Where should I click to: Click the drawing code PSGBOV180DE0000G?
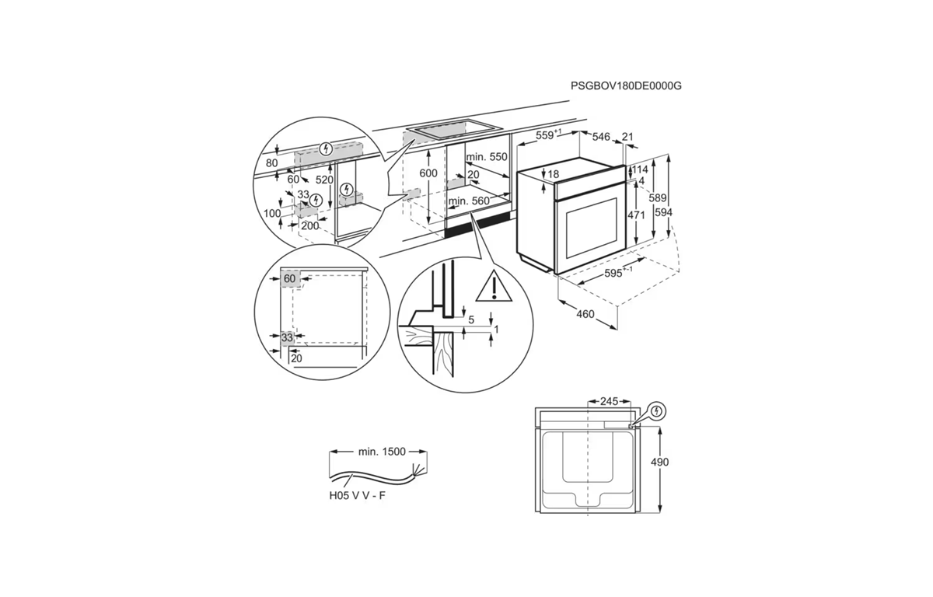tap(626, 86)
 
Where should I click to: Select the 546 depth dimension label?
tap(601, 137)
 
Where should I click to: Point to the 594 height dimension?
tap(663, 212)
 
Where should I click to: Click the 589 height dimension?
tap(658, 198)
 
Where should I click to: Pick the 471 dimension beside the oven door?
tap(636, 215)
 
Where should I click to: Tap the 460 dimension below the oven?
tap(585, 314)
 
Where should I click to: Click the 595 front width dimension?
tap(618, 272)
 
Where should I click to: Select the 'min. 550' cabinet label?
tap(487, 157)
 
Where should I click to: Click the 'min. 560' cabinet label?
tap(469, 201)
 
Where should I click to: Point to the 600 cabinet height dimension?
tap(428, 173)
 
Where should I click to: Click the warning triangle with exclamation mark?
tap(494, 285)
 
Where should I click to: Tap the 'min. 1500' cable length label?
tap(382, 452)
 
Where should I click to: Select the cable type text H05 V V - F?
tap(358, 496)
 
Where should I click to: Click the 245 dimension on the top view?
tap(609, 401)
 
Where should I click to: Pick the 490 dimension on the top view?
tap(660, 462)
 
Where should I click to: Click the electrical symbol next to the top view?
tap(657, 412)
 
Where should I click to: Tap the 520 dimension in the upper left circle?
tap(324, 180)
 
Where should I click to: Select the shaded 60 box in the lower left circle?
tap(289, 278)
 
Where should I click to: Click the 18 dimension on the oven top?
tap(553, 174)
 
